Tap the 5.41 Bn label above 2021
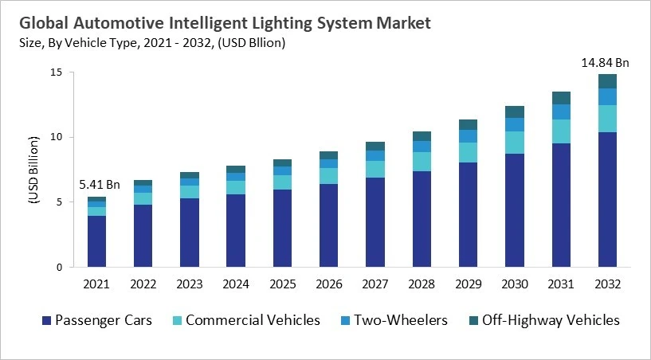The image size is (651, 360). click(100, 185)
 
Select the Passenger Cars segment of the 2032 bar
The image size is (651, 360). click(608, 199)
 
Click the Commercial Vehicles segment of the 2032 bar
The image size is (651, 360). click(608, 119)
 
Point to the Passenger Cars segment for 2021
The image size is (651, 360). click(96, 241)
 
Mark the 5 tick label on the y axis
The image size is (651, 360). click(59, 202)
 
